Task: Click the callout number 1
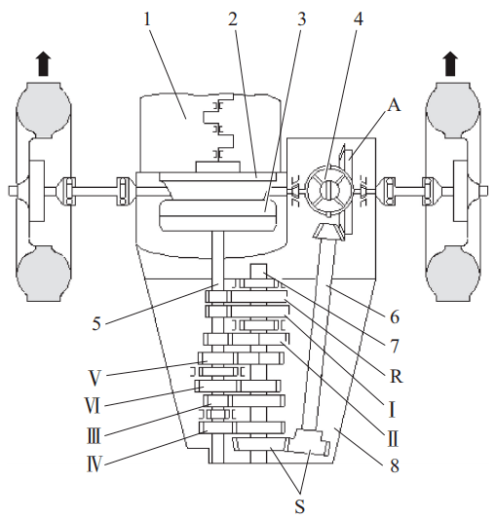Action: pos(147,19)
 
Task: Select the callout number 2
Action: pos(233,19)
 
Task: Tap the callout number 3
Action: pos(301,19)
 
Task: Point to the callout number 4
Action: pos(358,19)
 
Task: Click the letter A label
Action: pos(395,106)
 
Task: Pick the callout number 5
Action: pos(96,323)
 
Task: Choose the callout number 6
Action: pos(395,317)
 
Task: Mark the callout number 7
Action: pos(395,347)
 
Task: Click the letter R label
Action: pos(396,376)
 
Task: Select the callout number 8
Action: pos(395,465)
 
